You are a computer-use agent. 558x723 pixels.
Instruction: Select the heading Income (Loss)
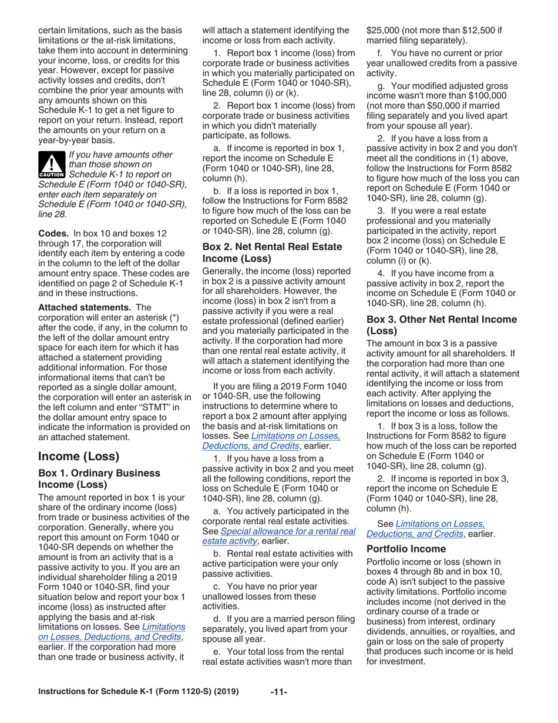(79, 456)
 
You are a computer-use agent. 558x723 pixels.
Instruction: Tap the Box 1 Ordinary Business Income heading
(99, 478)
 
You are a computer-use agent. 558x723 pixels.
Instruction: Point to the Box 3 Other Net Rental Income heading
(442, 325)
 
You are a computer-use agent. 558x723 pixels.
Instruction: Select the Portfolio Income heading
(405, 549)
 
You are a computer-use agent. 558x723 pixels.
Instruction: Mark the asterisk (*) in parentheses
(174, 317)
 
